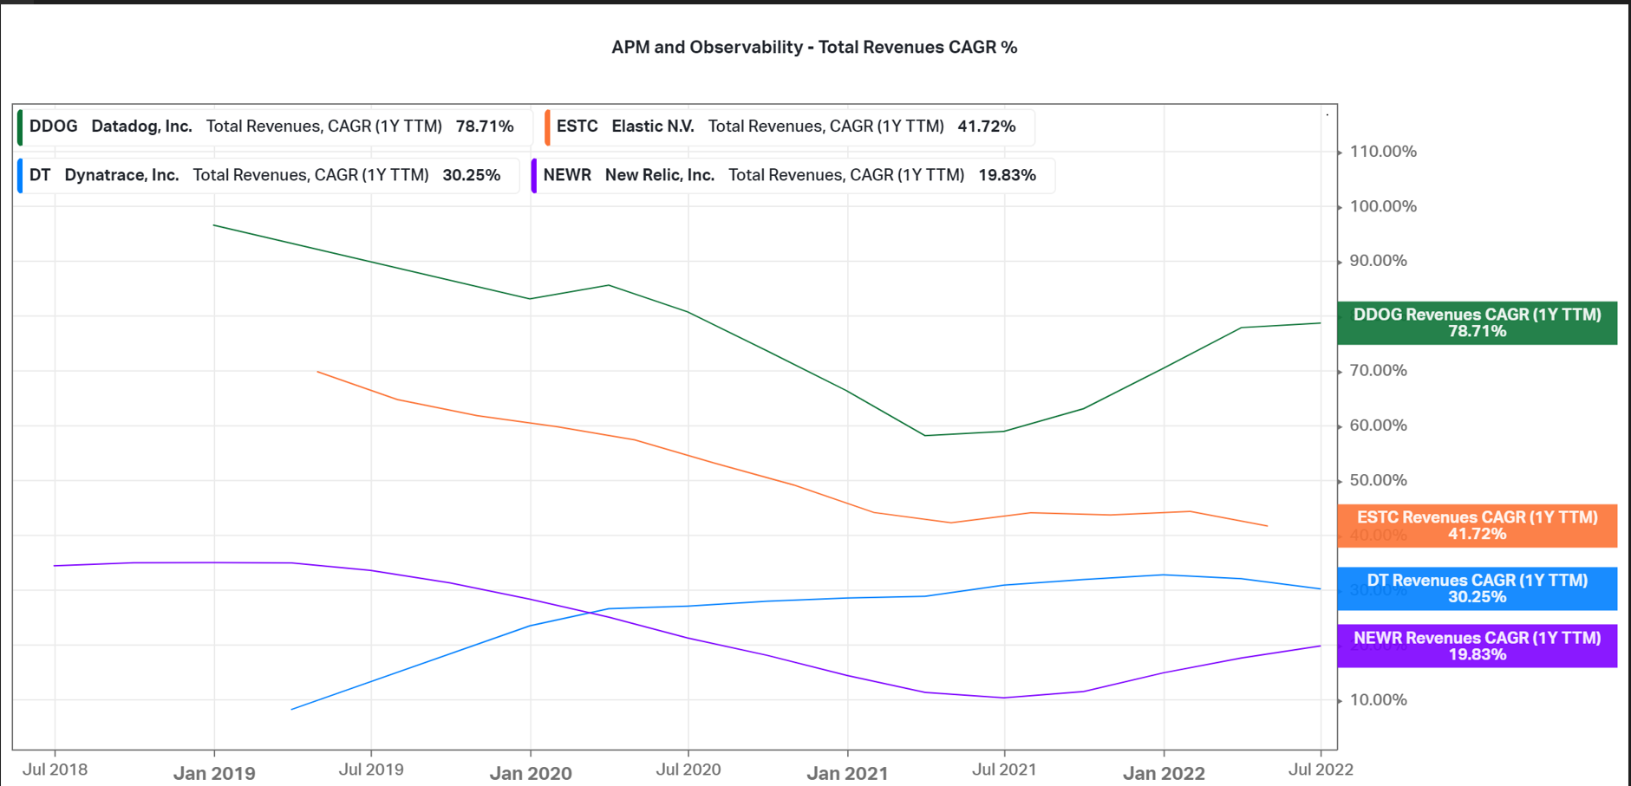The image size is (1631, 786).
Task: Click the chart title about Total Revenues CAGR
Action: [814, 48]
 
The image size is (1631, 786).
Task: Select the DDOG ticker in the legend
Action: [53, 127]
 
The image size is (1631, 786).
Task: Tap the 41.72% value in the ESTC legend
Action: [986, 127]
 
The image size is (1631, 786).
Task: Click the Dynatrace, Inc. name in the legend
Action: [121, 175]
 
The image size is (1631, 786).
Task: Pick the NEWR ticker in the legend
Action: [567, 175]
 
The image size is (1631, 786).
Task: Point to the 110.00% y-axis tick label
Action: [1383, 152]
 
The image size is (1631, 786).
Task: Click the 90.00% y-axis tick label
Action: [1378, 261]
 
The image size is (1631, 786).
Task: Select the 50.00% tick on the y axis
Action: [1378, 480]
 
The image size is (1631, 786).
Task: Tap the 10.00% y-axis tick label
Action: [1378, 700]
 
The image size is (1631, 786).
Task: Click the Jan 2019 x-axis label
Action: [214, 773]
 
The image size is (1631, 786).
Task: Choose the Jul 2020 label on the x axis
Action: [688, 770]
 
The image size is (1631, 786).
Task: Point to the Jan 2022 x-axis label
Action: [1164, 773]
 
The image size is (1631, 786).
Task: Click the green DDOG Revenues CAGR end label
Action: [1477, 323]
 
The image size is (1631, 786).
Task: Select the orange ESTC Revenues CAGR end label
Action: [1477, 526]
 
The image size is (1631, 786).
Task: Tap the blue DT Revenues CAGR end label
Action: [1477, 589]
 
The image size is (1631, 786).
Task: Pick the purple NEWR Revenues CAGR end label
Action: [1477, 646]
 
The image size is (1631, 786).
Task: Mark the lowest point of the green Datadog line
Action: [925, 435]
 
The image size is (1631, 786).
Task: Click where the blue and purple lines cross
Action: [593, 613]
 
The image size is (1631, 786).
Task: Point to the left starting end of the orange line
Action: [318, 372]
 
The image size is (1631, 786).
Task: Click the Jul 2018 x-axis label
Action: [55, 770]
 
